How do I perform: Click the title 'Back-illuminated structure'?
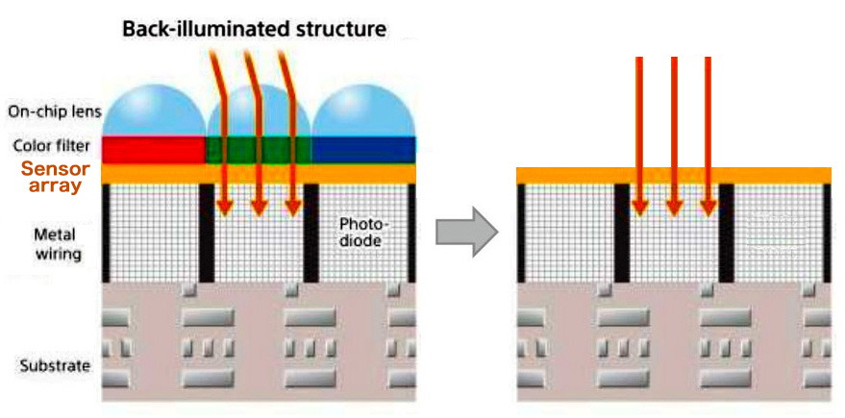[254, 29]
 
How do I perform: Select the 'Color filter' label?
[51, 146]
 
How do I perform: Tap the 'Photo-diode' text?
[360, 232]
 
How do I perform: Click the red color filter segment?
[154, 148]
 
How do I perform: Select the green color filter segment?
[258, 148]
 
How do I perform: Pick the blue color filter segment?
[363, 148]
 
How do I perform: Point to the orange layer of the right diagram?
[673, 175]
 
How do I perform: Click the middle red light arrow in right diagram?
[674, 135]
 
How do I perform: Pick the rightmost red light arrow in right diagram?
[708, 135]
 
